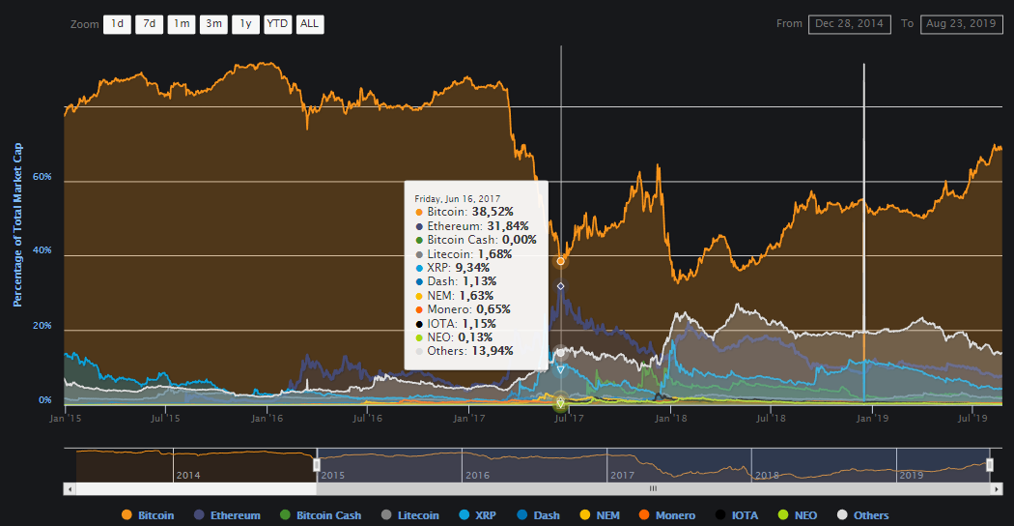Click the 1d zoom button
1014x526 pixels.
pyautogui.click(x=117, y=24)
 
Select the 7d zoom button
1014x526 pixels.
pyautogui.click(x=149, y=24)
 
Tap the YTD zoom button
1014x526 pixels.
pyautogui.click(x=277, y=24)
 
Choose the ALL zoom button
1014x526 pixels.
pyautogui.click(x=309, y=24)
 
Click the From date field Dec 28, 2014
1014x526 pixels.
pyautogui.click(x=850, y=23)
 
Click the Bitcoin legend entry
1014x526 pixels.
pyautogui.click(x=149, y=515)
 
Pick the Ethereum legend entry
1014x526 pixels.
pyautogui.click(x=228, y=515)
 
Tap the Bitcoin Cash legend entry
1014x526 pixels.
pyautogui.click(x=321, y=515)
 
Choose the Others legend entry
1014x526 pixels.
pyautogui.click(x=863, y=515)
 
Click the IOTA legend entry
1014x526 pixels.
pyautogui.click(x=738, y=515)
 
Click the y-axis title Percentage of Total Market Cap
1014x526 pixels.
pyautogui.click(x=17, y=224)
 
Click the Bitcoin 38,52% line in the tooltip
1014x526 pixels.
pyautogui.click(x=468, y=211)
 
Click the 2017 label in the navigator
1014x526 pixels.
pyautogui.click(x=623, y=476)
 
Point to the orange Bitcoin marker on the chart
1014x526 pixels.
pyautogui.click(x=560, y=261)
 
